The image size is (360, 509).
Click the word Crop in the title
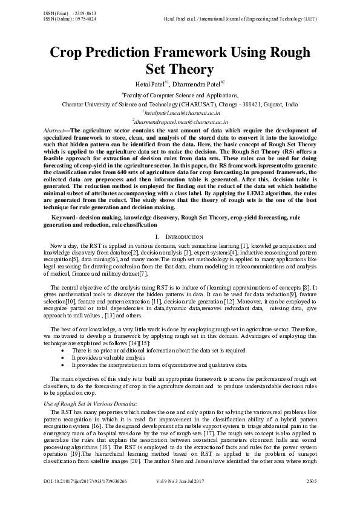click(68, 53)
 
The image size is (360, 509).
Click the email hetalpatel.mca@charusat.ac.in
click(180, 112)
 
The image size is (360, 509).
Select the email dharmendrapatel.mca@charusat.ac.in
click(180, 122)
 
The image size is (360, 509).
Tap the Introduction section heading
click(184, 236)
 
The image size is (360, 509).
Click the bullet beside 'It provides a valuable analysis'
click(64, 358)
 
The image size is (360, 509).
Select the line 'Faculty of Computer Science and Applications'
click(180, 95)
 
